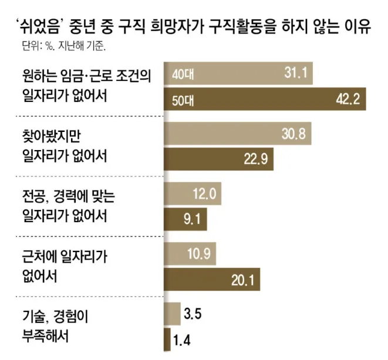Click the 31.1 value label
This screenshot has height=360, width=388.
click(296, 73)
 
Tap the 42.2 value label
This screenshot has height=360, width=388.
click(347, 99)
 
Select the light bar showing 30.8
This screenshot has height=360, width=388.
click(238, 134)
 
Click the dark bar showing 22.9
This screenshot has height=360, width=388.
click(219, 159)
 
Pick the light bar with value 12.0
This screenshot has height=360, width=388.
click(193, 193)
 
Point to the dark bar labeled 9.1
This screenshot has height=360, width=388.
click(185, 219)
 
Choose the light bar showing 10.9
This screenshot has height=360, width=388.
click(190, 254)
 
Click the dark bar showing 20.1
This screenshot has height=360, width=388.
click(212, 280)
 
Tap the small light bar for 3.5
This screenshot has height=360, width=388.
click(172, 314)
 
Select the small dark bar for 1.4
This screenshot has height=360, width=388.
click(167, 339)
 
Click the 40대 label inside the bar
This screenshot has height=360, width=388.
click(183, 74)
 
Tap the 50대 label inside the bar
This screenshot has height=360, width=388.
click(183, 101)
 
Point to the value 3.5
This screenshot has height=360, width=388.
click(193, 314)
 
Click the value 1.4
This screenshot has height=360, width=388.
click(182, 340)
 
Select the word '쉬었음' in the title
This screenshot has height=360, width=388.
click(39, 26)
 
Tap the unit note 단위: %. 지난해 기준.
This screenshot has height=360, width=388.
click(64, 46)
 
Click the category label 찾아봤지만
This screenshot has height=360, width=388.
click(52, 136)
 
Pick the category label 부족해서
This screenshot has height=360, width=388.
click(45, 336)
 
